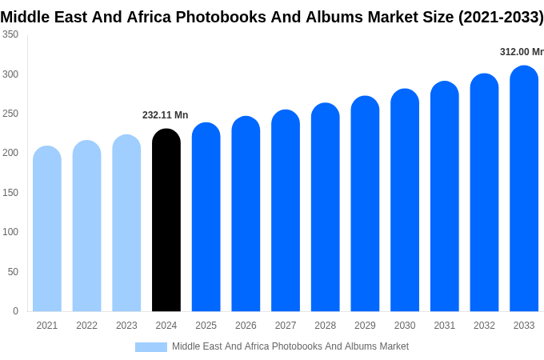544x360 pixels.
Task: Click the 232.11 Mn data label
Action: [165, 115]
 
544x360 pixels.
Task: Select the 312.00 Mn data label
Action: [522, 52]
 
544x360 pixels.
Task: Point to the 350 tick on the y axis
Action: [10, 34]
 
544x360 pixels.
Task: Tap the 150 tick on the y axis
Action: [10, 193]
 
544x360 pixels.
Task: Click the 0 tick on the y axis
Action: [15, 311]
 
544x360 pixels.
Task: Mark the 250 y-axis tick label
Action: [10, 114]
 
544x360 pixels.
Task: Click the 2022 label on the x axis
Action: [86, 326]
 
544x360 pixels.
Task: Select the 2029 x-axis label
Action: [365, 326]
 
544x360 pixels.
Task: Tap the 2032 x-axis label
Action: [484, 326]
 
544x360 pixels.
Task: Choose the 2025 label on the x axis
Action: [206, 326]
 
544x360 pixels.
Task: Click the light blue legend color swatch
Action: [151, 347]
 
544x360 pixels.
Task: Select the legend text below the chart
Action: [290, 346]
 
